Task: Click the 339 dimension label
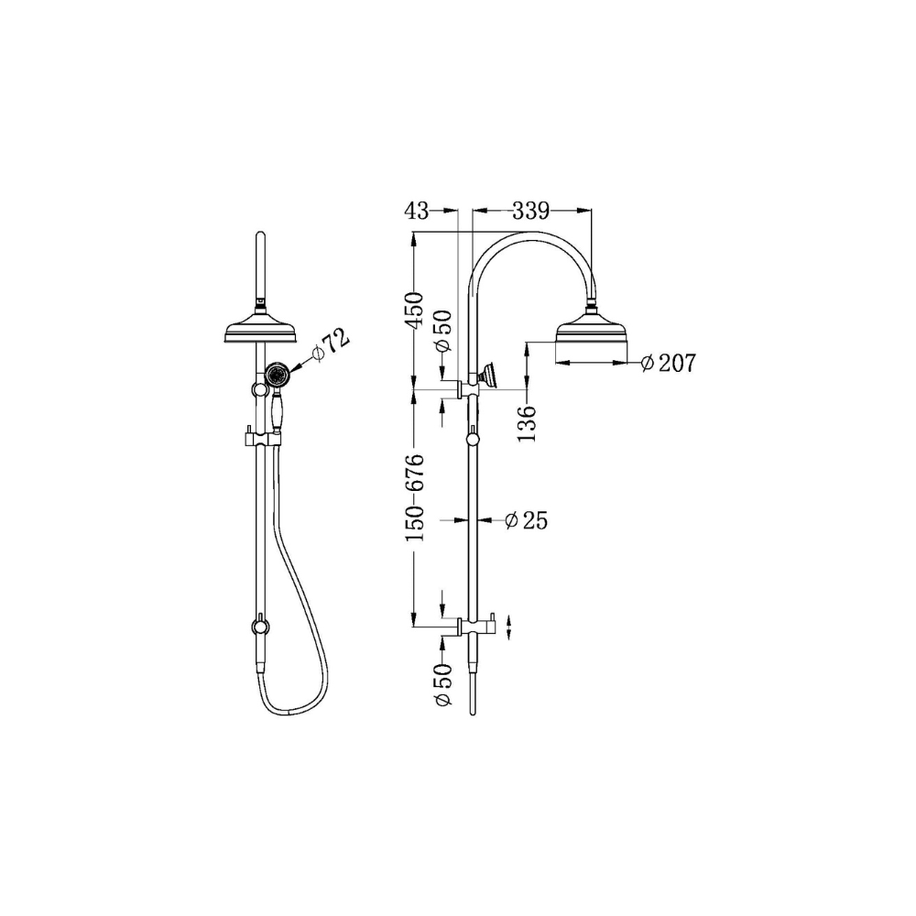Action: (530, 212)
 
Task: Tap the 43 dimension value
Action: (416, 212)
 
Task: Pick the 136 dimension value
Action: (527, 421)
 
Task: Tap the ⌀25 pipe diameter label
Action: (526, 520)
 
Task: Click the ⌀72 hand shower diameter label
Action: (331, 344)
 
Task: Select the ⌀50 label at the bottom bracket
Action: (443, 685)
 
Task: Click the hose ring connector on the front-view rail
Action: (260, 627)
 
